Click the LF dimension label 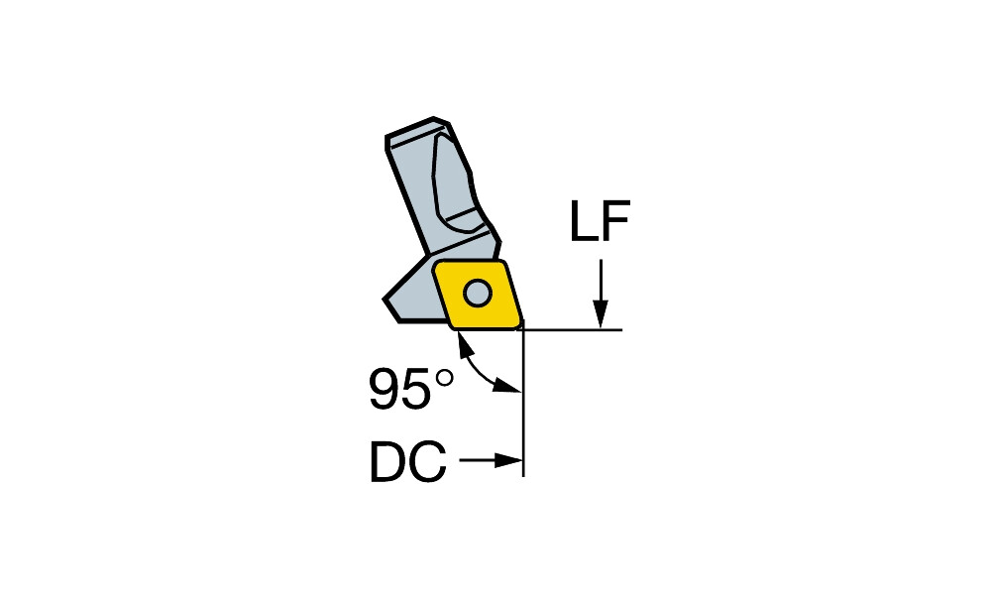tap(600, 221)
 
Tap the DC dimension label tap(408, 462)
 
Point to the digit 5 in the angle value tap(416, 388)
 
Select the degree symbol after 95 tap(444, 378)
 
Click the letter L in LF tap(584, 221)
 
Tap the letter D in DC tap(387, 462)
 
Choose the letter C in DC tap(428, 462)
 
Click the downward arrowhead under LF tap(601, 314)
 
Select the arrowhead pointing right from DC tap(508, 460)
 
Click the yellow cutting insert tap(478, 295)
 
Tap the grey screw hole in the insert tap(478, 293)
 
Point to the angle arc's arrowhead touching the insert tap(464, 341)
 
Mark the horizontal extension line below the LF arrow tap(571, 329)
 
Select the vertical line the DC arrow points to tap(522, 403)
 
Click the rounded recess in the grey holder tap(456, 184)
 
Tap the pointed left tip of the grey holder tap(385, 299)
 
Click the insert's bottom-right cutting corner tap(520, 325)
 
